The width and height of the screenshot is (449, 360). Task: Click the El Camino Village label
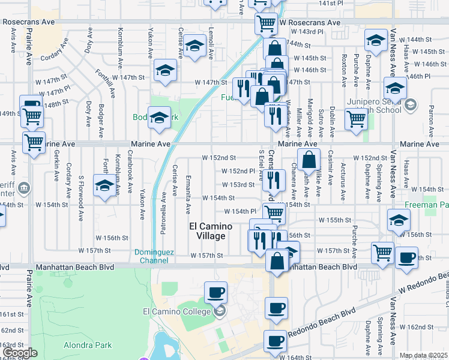click(207, 231)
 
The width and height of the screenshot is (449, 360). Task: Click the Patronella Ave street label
click(163, 203)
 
